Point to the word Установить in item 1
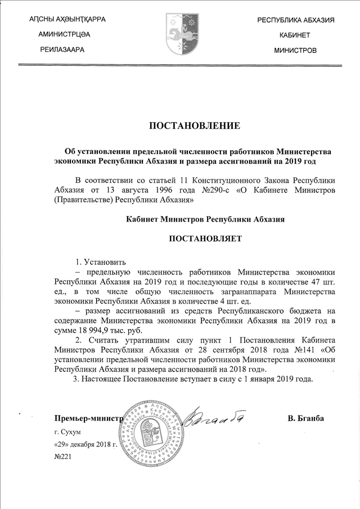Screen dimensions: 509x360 [105, 262]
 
